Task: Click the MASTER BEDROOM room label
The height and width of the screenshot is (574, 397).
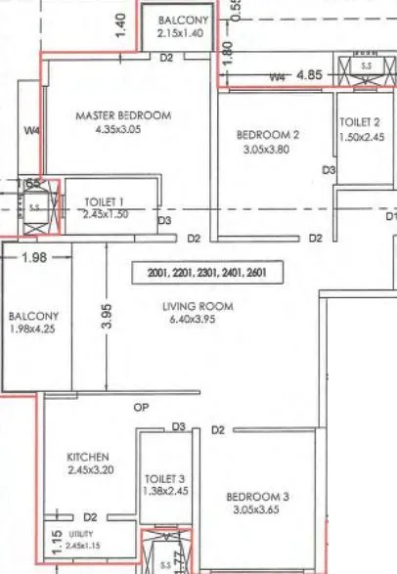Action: pos(123,115)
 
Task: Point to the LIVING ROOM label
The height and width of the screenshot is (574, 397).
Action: pos(198,306)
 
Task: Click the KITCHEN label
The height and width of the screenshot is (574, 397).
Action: pos(87,457)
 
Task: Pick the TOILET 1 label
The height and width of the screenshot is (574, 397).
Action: pos(106,200)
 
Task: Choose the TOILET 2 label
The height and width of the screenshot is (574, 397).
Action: pos(359,122)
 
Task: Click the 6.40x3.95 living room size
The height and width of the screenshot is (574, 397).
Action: pos(198,321)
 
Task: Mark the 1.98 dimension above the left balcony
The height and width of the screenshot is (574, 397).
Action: pos(33,257)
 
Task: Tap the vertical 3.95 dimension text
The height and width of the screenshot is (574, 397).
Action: pos(109,317)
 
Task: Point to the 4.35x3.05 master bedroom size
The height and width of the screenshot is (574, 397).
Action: pos(123,129)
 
